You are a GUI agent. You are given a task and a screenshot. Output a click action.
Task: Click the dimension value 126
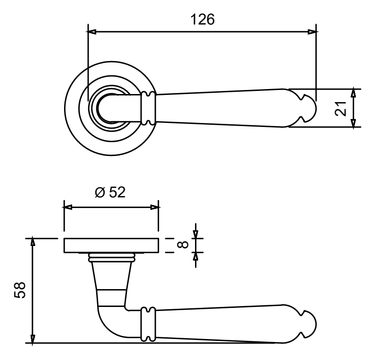(x=202, y=19)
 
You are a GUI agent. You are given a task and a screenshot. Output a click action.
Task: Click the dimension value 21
(x=341, y=109)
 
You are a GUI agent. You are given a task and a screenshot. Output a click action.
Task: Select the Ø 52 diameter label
(x=110, y=192)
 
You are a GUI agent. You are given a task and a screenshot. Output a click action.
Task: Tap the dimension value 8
(x=183, y=245)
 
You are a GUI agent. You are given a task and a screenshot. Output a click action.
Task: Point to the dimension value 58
(x=20, y=290)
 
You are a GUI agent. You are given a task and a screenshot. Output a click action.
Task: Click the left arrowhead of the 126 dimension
(x=91, y=32)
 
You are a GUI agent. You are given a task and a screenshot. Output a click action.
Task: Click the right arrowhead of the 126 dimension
(x=313, y=32)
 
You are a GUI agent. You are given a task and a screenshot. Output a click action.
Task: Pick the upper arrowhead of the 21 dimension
(x=354, y=93)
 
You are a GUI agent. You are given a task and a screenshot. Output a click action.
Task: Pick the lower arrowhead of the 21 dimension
(x=354, y=123)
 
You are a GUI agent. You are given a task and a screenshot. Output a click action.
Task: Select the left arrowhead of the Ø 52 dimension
(x=68, y=207)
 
